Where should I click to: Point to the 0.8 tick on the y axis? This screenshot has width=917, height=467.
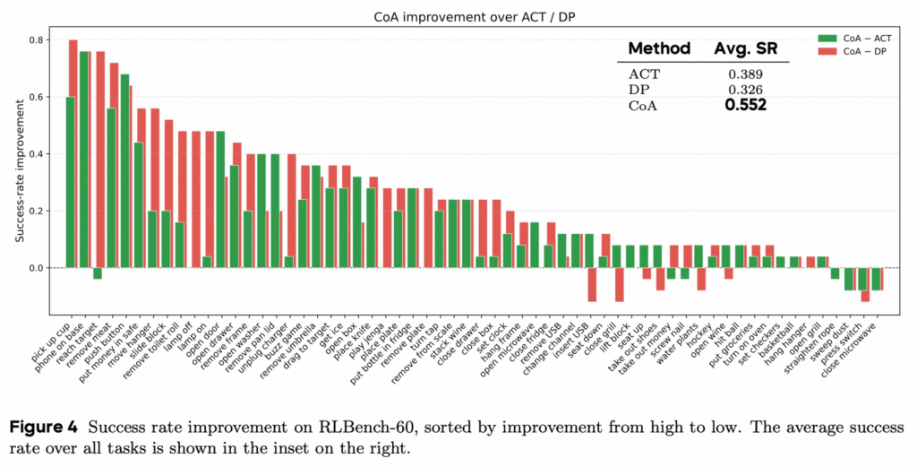(x=39, y=40)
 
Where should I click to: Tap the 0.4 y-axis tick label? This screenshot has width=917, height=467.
(x=39, y=154)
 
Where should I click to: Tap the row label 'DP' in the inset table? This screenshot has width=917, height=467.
(x=639, y=90)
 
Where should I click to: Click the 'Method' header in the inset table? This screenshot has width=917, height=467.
(x=658, y=48)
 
